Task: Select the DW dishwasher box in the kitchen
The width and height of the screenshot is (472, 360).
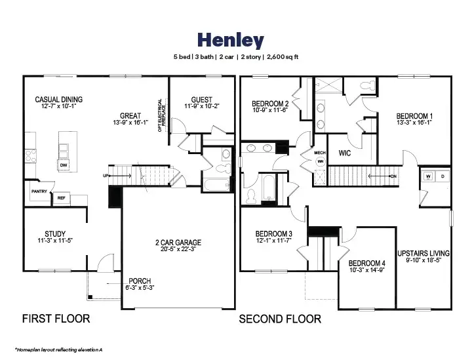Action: (x=64, y=165)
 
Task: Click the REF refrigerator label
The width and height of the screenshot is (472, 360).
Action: (x=61, y=197)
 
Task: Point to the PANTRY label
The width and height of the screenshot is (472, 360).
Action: (x=39, y=191)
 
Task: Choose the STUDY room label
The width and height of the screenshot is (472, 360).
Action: (x=55, y=233)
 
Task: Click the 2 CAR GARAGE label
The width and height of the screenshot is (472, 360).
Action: (x=173, y=243)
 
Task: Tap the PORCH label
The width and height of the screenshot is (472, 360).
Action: (x=139, y=281)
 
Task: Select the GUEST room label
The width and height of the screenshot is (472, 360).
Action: (x=201, y=100)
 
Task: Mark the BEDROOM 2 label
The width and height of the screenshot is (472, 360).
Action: (x=270, y=104)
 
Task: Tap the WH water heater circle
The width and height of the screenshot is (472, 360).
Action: (x=321, y=161)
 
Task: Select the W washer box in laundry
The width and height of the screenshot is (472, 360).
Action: (x=427, y=176)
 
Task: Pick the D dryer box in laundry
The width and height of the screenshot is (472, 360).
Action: (x=442, y=176)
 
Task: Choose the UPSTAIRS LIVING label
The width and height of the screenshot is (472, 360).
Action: (x=423, y=253)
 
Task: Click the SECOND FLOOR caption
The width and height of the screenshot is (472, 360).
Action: (x=280, y=319)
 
